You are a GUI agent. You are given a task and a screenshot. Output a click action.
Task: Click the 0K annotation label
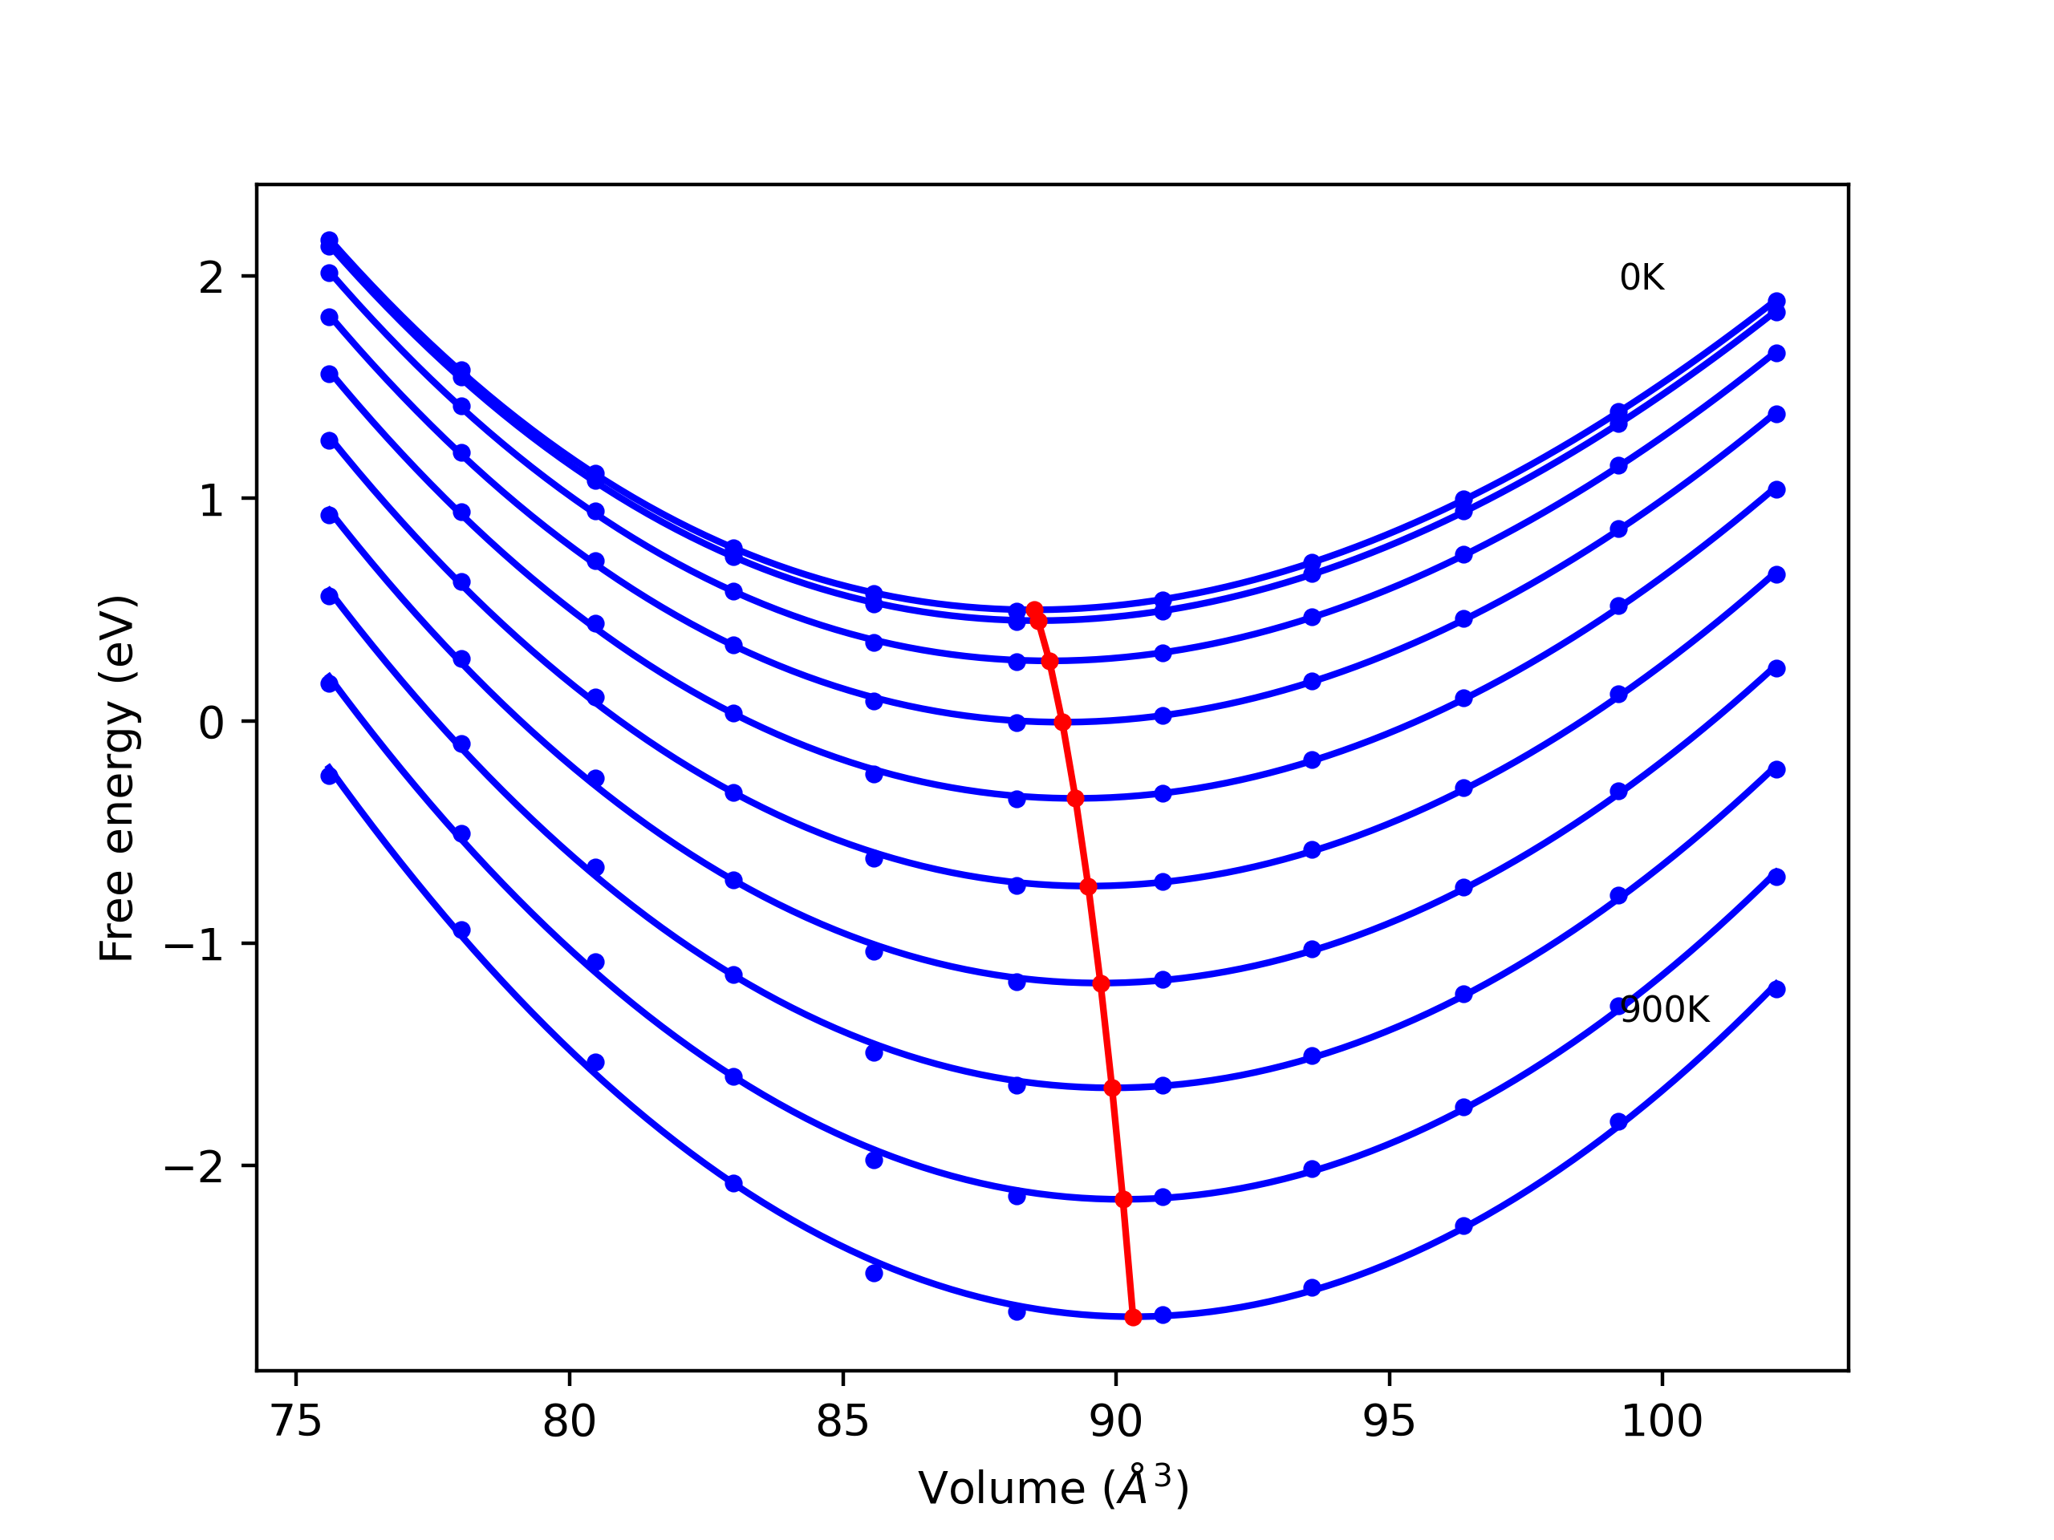click(1642, 278)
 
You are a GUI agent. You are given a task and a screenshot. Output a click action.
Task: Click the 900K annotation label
click(1664, 1010)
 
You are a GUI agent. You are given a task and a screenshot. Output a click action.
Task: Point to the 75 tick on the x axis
click(296, 1421)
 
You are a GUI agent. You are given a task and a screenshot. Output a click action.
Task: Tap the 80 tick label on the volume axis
click(569, 1421)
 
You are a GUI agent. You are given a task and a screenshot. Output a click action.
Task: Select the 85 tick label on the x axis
click(842, 1421)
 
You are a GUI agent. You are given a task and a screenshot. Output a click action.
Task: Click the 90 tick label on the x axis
click(1115, 1421)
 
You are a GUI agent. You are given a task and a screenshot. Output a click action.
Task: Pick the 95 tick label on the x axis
click(1388, 1421)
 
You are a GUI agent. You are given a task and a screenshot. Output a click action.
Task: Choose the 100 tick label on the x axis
click(1661, 1421)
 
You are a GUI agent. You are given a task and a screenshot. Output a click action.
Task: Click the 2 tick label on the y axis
click(211, 278)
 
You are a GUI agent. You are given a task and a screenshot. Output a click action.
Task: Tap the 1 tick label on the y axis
click(211, 500)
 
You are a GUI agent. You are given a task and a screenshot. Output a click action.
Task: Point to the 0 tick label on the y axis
click(211, 722)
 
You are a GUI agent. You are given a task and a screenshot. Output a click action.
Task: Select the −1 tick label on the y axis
click(194, 945)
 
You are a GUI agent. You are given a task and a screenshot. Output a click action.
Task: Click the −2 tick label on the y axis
click(194, 1167)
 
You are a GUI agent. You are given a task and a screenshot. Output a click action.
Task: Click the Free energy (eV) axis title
click(118, 778)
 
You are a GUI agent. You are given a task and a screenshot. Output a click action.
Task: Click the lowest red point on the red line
click(1133, 1317)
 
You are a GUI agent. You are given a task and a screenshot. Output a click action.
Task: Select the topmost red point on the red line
click(1034, 609)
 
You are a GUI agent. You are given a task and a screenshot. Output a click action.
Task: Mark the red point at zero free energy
click(1063, 722)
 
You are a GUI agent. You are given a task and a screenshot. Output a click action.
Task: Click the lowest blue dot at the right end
click(1776, 990)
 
